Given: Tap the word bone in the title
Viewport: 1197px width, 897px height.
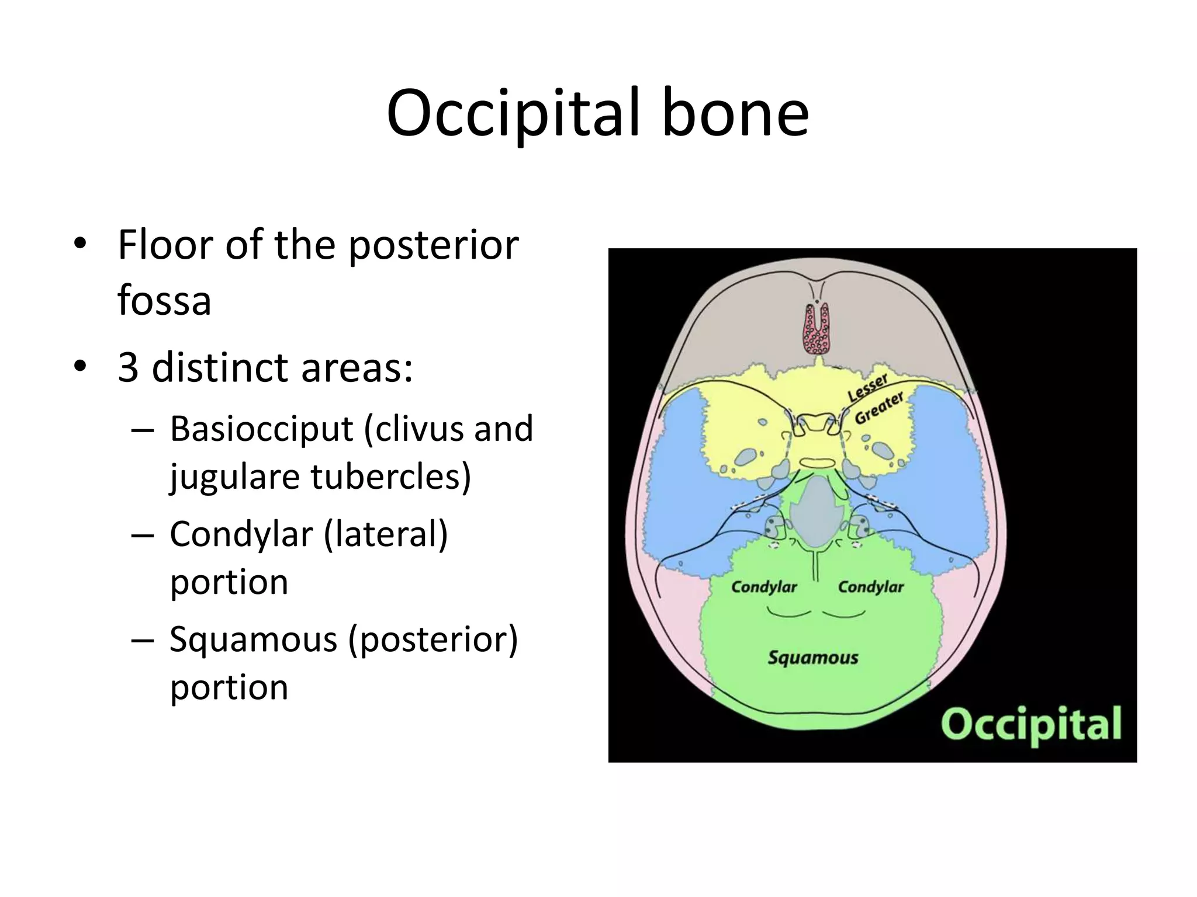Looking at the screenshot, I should [735, 114].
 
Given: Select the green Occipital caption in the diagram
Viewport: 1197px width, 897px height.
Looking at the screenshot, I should [1031, 724].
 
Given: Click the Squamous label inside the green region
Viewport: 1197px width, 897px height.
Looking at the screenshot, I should [812, 658].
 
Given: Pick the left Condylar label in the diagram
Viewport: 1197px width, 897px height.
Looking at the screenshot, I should [764, 587].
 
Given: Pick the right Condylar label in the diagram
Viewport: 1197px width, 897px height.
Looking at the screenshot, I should [871, 587].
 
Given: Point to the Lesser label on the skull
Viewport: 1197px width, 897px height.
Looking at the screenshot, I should [868, 387].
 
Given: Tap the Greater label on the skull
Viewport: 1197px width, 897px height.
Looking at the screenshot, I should [880, 408].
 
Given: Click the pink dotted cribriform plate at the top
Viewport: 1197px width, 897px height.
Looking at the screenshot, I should [816, 331].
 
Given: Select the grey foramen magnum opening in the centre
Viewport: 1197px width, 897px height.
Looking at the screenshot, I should [817, 511].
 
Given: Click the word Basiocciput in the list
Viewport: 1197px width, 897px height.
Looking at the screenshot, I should [261, 429].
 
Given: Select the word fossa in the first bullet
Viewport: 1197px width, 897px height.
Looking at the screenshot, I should [164, 301].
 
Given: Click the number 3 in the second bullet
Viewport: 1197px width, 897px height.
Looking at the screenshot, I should [129, 368].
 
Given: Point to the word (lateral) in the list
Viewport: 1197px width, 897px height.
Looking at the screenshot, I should [386, 535].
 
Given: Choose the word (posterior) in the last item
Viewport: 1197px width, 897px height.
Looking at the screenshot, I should [433, 640].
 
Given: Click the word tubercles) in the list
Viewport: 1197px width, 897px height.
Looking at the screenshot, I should [390, 477].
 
